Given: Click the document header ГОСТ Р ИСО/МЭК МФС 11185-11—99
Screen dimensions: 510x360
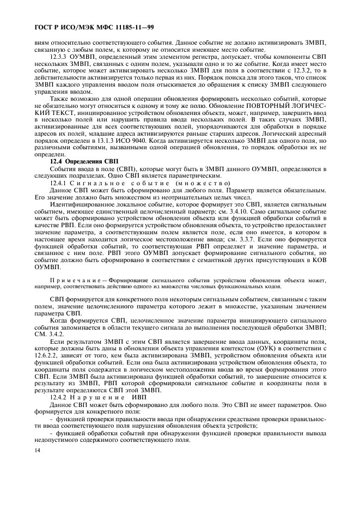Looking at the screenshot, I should click(87, 26).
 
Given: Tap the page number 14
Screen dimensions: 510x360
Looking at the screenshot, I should click(37, 450).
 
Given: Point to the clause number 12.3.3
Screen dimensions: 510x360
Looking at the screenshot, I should click(60, 56).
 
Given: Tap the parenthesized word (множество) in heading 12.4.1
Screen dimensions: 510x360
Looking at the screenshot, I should click(203, 183).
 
